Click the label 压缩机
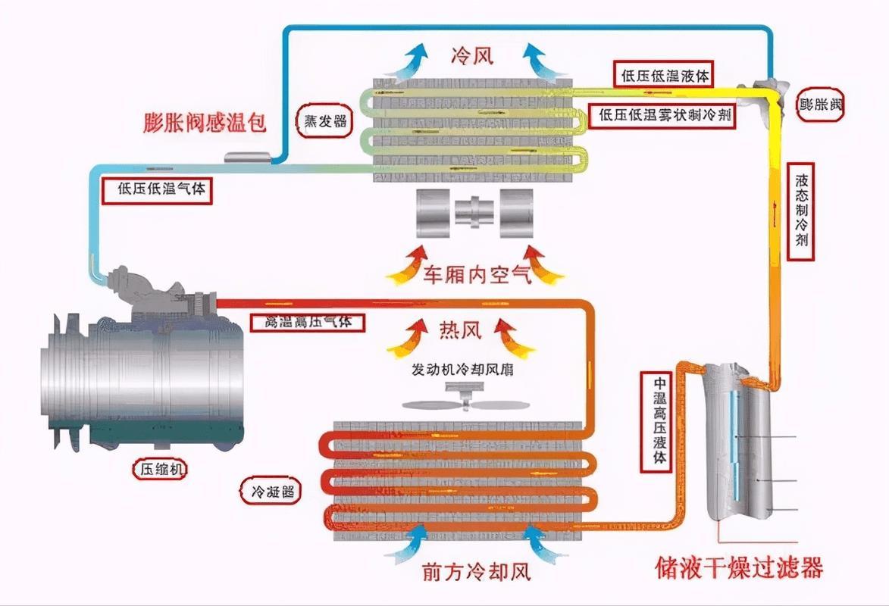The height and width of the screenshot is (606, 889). tap(159, 470)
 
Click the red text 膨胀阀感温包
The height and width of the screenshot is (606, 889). tap(205, 123)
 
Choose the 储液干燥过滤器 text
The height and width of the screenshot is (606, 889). tap(739, 567)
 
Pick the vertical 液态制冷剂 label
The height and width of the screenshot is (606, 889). tap(803, 211)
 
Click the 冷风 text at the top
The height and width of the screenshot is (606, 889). tap(471, 55)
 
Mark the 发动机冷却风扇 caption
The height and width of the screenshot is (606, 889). tap(462, 371)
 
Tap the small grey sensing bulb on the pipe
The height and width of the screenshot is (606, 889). tap(249, 156)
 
